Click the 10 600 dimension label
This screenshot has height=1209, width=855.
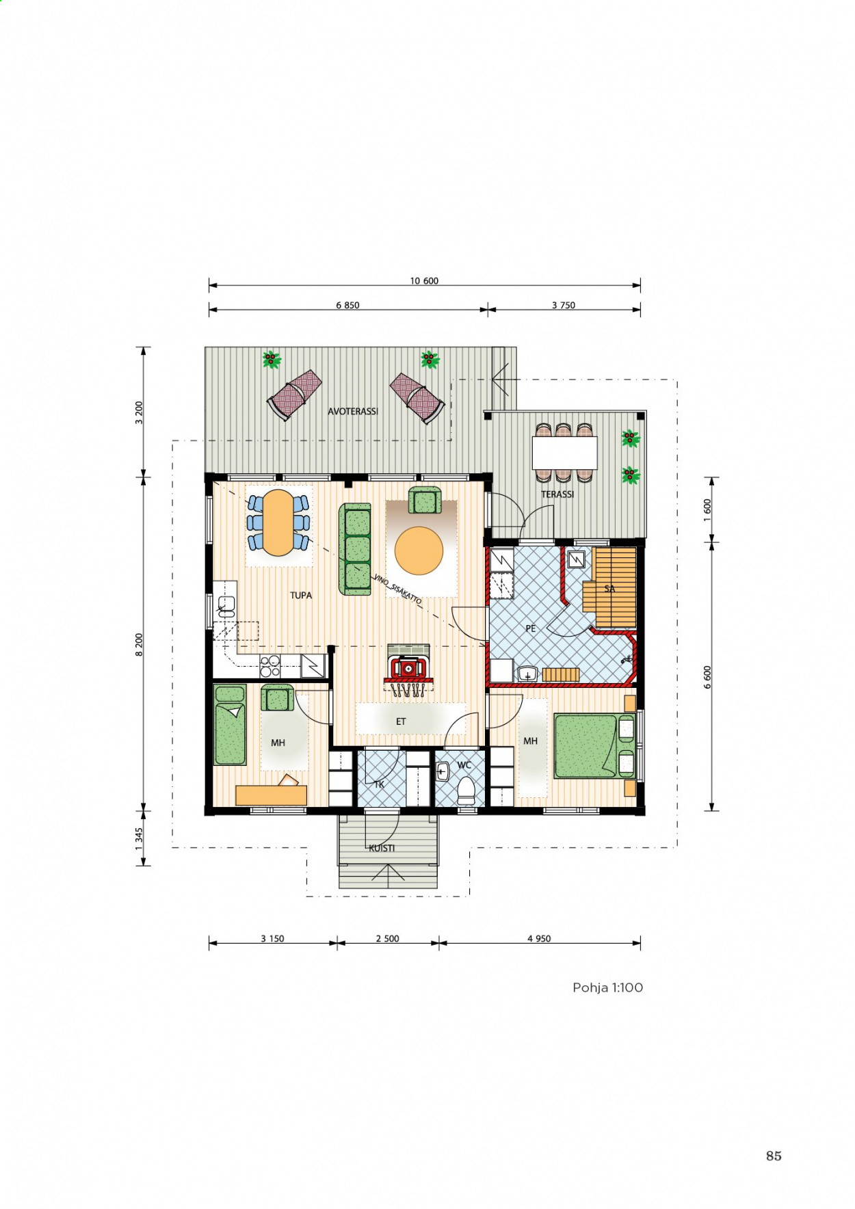pos(424,280)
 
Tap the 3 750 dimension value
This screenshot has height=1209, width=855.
pos(564,305)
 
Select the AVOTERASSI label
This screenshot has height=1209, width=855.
pos(353,411)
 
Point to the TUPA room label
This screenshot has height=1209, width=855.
pos(301,595)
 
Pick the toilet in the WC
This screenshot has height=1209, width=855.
pos(466,790)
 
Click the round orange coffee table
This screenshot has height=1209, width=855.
pos(419,550)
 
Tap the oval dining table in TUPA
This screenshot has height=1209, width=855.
pos(278,522)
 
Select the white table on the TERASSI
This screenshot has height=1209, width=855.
pos(565,452)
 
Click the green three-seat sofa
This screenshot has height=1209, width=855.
pos(355,550)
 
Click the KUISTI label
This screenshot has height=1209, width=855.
pos(382,848)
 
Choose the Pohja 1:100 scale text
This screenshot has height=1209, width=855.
pos(608,987)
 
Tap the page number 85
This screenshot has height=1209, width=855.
pos(774,1156)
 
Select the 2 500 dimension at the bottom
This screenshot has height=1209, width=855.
pos(387,938)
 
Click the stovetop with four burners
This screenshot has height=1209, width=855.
pos(270,666)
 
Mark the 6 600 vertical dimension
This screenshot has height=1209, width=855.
pos(707,677)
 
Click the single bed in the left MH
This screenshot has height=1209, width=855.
pos(230,725)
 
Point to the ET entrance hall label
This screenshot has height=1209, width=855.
pos(401,721)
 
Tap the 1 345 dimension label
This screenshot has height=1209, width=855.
pos(139,839)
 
